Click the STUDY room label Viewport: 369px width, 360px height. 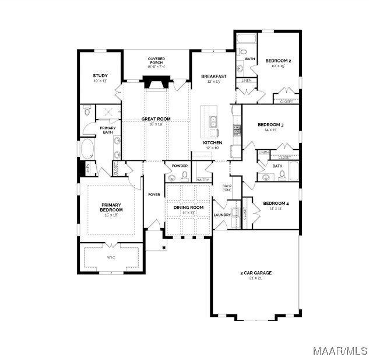click(100, 75)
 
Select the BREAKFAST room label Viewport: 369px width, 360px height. click(213, 76)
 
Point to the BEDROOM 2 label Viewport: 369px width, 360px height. click(278, 61)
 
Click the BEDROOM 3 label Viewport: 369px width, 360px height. click(270, 125)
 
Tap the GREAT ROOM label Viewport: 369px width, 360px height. click(156, 119)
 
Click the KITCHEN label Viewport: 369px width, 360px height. click(212, 143)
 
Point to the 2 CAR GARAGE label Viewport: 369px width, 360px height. click(256, 273)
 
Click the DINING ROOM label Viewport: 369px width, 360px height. click(188, 208)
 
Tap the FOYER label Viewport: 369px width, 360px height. click(154, 194)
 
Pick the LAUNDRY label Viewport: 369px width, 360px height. click(222, 215)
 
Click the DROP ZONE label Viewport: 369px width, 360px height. click(227, 188)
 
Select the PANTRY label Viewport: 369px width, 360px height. click(202, 180)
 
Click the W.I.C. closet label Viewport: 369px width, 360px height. click(111, 257)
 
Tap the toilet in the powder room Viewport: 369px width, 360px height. click(184, 175)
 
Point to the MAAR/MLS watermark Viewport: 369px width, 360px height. click(340, 351)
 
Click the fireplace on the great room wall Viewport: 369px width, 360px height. click(156, 83)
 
